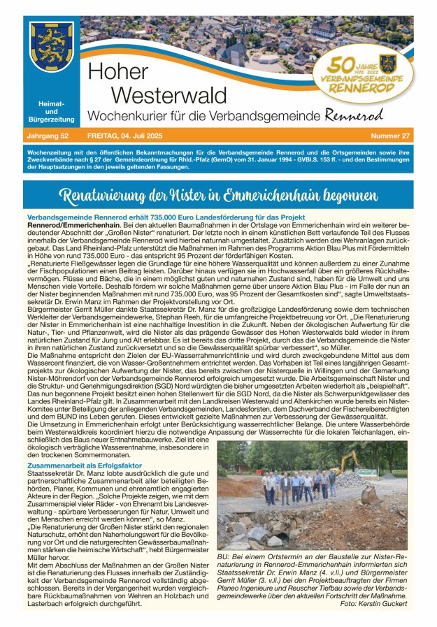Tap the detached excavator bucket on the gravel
[x=368, y=494]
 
